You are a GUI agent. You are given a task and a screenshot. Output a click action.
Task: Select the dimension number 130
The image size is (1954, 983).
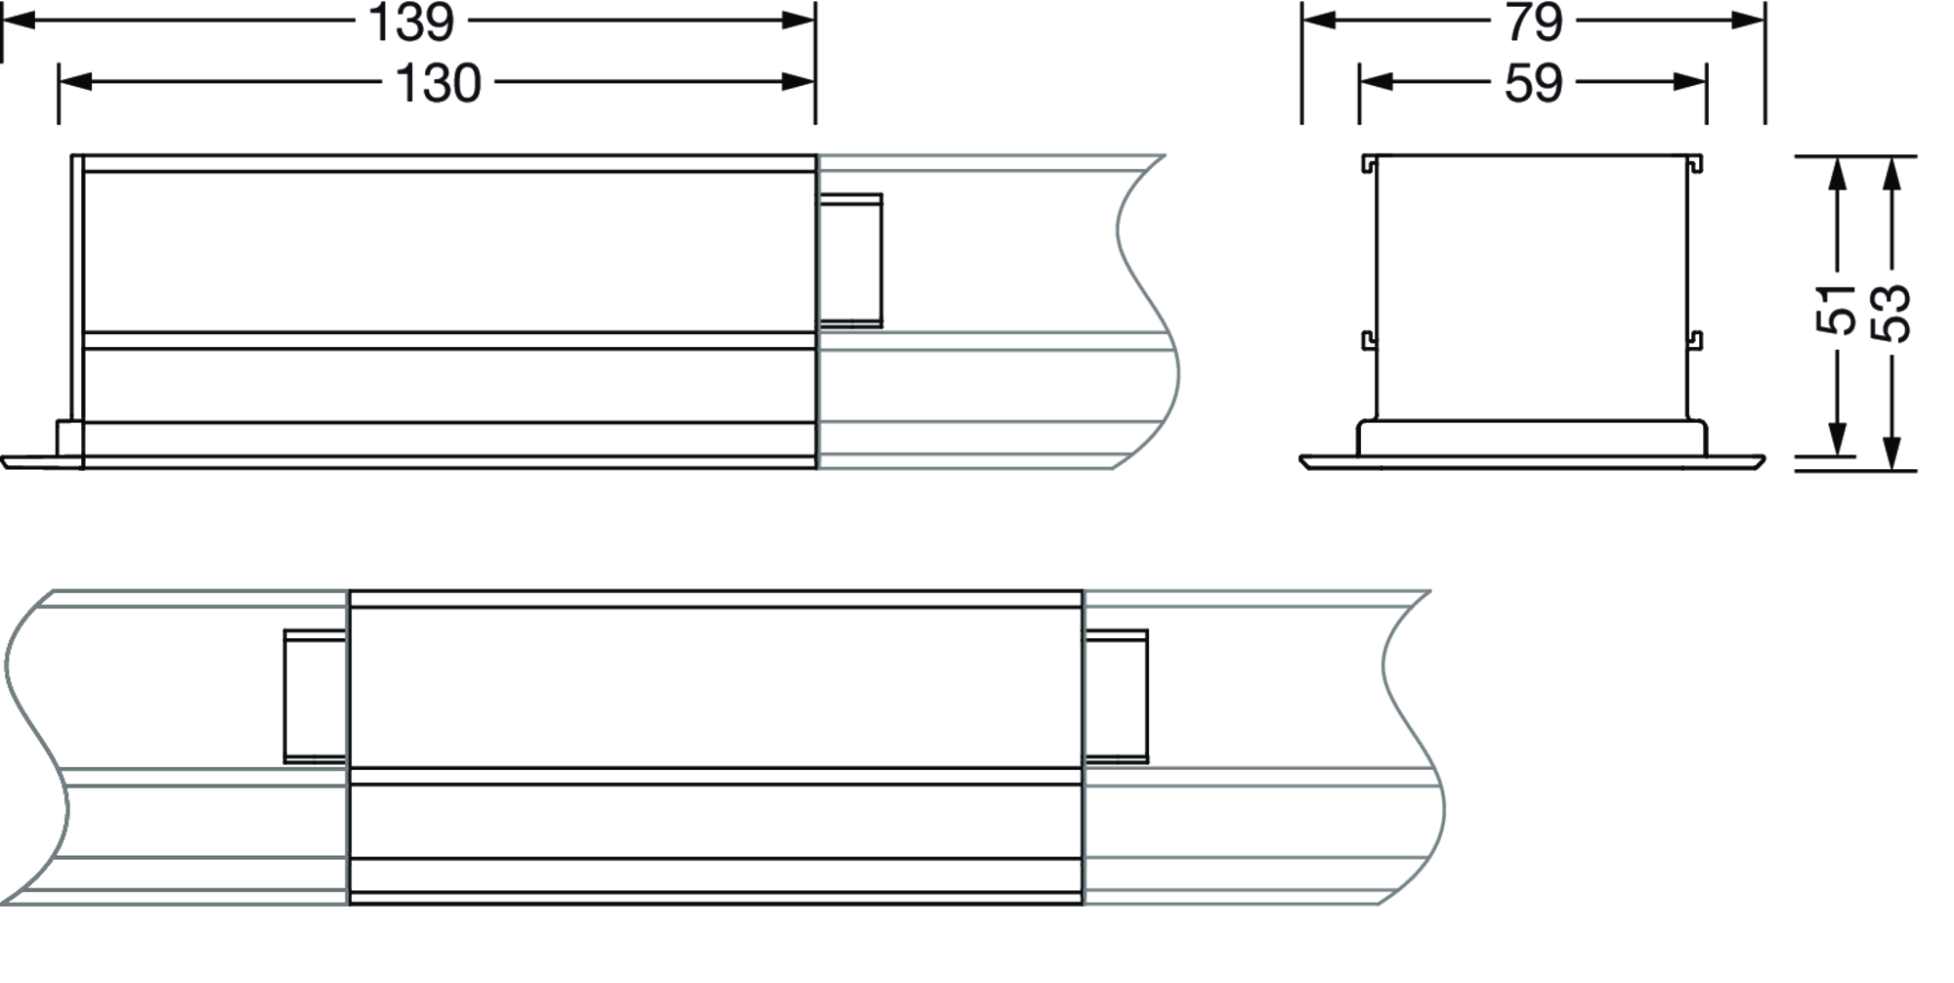(x=438, y=83)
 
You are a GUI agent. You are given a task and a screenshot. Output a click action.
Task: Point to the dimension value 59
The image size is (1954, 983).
(x=1533, y=83)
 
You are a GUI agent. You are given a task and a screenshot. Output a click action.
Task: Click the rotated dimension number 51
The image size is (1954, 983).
(x=1837, y=309)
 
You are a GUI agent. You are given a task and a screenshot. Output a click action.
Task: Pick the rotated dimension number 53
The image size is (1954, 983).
(x=1891, y=313)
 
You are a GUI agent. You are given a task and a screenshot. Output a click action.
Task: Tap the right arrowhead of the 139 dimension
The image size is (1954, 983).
(x=798, y=21)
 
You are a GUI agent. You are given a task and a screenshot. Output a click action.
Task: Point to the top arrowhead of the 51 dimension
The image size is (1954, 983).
(x=1838, y=173)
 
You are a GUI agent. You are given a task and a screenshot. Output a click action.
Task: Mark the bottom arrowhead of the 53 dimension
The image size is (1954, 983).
(x=1891, y=453)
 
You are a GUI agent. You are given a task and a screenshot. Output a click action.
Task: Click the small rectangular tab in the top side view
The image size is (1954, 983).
(x=850, y=260)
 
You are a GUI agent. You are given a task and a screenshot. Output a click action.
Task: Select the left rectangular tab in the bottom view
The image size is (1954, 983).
(x=315, y=696)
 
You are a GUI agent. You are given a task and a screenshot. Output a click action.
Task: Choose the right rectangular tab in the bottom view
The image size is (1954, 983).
(x=1116, y=696)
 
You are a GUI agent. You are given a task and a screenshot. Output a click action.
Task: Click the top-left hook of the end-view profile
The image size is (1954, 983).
(x=1369, y=163)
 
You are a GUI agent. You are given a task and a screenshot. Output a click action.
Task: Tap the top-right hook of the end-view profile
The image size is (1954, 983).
(x=1696, y=163)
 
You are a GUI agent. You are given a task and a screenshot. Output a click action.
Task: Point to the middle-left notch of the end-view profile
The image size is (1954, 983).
(x=1369, y=340)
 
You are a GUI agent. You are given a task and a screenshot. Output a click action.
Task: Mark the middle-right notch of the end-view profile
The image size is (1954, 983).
(x=1696, y=340)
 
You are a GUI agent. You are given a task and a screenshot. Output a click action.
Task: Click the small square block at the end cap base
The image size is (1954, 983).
(x=68, y=438)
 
